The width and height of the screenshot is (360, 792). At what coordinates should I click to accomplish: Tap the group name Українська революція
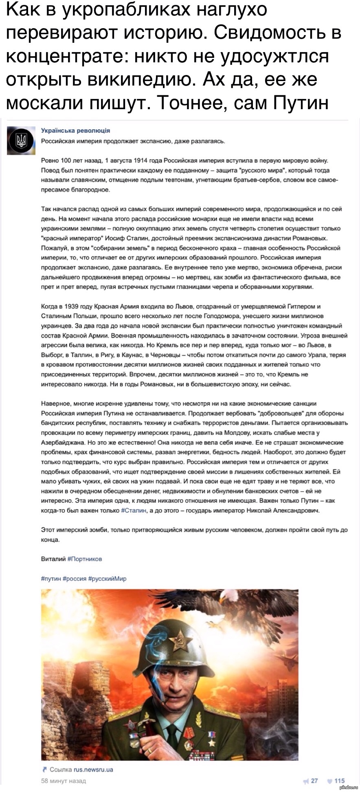75,131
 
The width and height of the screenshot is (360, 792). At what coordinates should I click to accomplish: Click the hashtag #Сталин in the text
134,510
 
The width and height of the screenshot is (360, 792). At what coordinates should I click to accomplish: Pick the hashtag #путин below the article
51,579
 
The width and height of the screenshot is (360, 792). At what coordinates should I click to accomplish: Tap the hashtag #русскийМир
107,579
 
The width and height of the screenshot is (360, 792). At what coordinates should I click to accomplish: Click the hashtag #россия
75,579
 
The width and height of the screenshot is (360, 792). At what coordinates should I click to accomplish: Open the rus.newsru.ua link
93,770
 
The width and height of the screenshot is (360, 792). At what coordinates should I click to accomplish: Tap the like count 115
339,781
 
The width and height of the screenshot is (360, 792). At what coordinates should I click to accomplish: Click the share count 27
314,781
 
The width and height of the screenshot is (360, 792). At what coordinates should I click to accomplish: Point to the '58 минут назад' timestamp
64,781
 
